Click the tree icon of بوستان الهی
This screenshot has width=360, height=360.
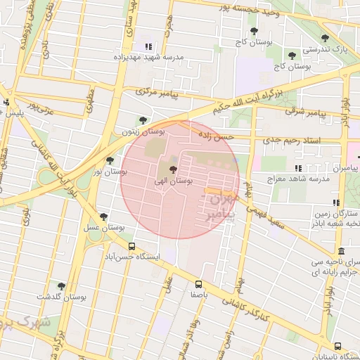coord(174,169)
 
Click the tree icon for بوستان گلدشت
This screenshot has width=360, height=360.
coord(61,286)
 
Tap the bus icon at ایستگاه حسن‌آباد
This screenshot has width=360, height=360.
coord(132,246)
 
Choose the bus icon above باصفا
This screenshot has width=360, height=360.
coord(198,284)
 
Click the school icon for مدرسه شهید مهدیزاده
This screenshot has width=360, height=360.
coord(148,46)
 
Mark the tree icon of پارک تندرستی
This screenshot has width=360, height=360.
coord(324,39)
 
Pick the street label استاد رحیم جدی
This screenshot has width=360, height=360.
coord(292,141)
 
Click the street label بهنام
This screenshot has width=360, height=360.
coord(247,190)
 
